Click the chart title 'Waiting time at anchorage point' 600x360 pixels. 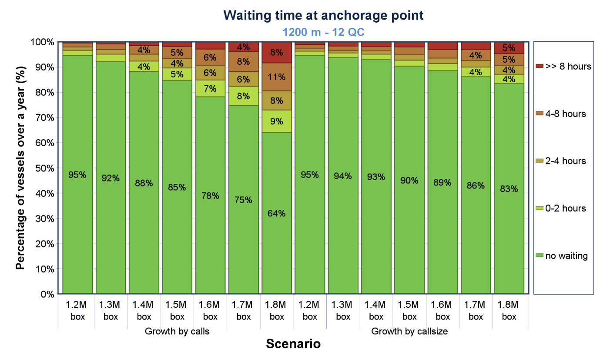(x=323, y=15)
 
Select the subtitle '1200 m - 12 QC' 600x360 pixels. (x=323, y=32)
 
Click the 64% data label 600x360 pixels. (x=277, y=214)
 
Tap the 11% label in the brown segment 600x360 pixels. (x=277, y=77)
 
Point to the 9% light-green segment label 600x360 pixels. (x=277, y=122)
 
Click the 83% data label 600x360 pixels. (x=509, y=189)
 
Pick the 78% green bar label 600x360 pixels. (x=210, y=196)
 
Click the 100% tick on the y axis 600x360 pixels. (x=43, y=42)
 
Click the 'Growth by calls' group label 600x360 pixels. (x=177, y=331)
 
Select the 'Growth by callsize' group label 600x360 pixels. (x=409, y=331)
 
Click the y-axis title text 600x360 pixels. (x=20, y=168)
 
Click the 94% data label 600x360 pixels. (x=343, y=176)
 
